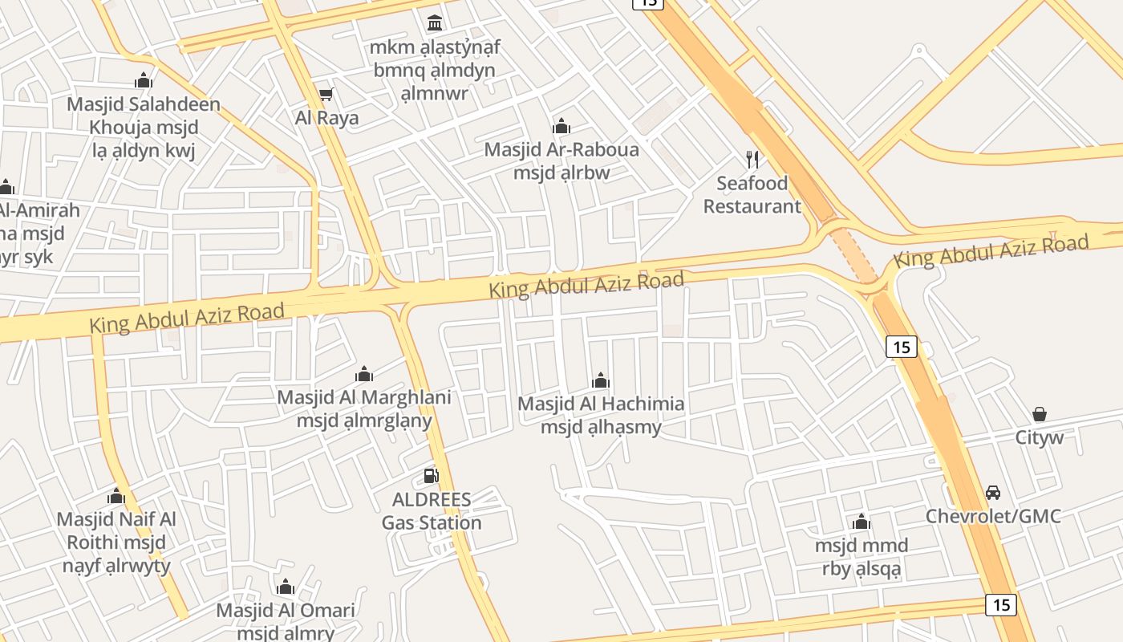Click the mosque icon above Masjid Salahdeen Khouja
tap(144, 80)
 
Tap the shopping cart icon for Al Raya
tap(326, 95)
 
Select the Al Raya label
tap(326, 118)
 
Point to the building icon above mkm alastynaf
tap(435, 22)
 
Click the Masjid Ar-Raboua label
tap(561, 150)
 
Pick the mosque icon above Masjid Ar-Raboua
tap(561, 126)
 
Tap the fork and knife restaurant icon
tap(752, 159)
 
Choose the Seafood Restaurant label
tap(752, 195)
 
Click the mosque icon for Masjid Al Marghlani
tap(364, 374)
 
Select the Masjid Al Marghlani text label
tap(364, 397)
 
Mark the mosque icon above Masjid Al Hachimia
tap(601, 380)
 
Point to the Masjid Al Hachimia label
tap(601, 404)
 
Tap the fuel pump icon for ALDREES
tap(432, 476)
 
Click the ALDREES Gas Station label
tap(432, 511)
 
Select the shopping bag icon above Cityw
tap(1040, 414)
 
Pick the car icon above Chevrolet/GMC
tap(993, 492)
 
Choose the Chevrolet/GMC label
tap(993, 516)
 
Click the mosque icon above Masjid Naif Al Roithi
tap(116, 496)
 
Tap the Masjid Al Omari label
tap(286, 611)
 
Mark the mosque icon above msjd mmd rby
tap(862, 522)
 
